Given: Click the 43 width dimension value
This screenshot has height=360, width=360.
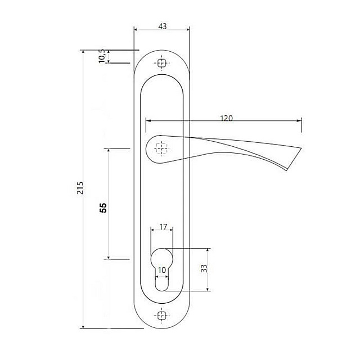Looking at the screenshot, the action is tap(163, 26).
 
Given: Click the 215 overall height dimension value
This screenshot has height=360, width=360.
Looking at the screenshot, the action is tap(80, 188).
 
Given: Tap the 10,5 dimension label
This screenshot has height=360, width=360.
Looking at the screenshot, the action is tap(102, 56).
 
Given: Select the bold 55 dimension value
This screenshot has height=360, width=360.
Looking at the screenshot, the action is tap(103, 208).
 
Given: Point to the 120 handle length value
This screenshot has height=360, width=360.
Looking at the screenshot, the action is tap(226, 118).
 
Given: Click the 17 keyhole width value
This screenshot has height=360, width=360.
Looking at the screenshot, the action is tap(163, 227).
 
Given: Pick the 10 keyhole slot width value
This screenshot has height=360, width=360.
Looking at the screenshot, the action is tap(162, 270).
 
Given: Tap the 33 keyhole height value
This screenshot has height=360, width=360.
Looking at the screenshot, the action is tap(204, 268).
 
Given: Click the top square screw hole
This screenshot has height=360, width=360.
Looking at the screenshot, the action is tap(162, 63).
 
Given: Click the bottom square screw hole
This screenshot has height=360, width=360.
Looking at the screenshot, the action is tap(162, 316).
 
